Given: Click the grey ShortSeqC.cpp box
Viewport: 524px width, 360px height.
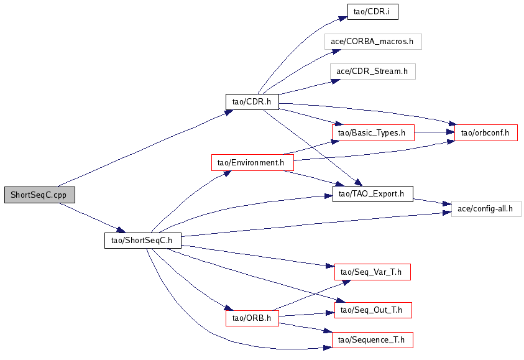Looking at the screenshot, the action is click(40, 195).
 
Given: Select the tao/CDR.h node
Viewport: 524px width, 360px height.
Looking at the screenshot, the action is click(252, 101).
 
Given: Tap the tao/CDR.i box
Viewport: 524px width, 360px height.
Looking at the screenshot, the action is click(372, 12).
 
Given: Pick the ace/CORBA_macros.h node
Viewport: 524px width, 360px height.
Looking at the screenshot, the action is click(373, 42).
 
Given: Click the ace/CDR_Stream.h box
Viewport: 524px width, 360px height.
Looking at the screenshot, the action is click(372, 72).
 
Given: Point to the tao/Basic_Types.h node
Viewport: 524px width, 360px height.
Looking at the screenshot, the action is click(373, 132).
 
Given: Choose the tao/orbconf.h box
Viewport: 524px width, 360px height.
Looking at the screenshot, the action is click(486, 132).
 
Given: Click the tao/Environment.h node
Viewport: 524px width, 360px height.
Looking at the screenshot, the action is click(252, 162).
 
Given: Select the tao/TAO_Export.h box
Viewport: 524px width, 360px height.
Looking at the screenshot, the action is click(372, 194).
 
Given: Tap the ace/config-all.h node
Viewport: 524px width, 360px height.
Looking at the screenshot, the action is click(486, 208).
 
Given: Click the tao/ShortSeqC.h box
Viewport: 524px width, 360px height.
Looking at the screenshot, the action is click(143, 241).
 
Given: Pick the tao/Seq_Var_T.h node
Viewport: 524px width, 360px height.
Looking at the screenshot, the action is click(372, 272).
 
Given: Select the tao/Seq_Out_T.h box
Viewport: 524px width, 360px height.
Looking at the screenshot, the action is click(373, 310).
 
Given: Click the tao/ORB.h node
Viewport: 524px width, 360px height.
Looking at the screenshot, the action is click(252, 318).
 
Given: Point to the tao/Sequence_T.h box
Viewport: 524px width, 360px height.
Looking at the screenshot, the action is click(372, 340).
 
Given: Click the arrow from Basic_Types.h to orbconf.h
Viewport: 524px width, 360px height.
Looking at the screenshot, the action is click(434, 132).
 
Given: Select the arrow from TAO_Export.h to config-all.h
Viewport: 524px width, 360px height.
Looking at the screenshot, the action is click(432, 202).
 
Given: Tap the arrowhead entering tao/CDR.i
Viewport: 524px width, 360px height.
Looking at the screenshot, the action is click(343, 18).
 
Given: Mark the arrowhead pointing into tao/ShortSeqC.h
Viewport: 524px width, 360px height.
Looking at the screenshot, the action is click(121, 230).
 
